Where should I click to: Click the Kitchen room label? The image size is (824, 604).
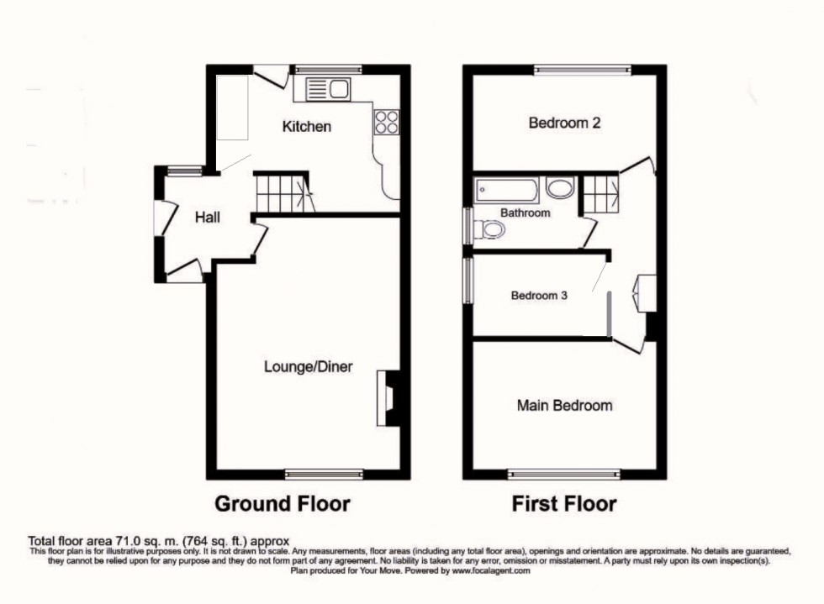306,127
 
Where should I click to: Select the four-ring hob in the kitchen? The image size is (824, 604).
386,123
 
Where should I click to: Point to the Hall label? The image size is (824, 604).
208,218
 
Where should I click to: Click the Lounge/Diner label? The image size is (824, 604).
308,367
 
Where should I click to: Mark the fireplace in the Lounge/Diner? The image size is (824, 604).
390,397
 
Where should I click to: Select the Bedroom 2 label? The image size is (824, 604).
564,123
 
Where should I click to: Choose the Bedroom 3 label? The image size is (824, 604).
540,296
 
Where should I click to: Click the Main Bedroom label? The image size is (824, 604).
564,406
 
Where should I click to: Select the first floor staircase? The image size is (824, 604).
600,193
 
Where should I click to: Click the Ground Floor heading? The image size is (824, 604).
283,504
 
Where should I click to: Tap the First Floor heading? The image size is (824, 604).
564,504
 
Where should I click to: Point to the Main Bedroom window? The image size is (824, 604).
564,474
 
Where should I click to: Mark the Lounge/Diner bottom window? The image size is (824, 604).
324,474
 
